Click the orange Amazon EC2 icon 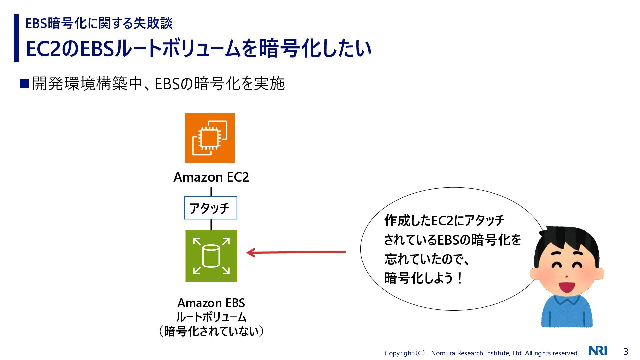point(210,138)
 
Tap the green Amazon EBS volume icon point(211,256)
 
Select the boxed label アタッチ point(210,208)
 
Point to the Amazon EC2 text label point(211,177)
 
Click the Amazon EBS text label point(211,303)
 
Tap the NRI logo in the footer point(598,351)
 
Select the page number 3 point(626,351)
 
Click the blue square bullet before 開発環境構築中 point(25,83)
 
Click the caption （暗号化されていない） point(211,331)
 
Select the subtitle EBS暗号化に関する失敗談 point(99,23)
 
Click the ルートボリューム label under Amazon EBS point(211,317)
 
